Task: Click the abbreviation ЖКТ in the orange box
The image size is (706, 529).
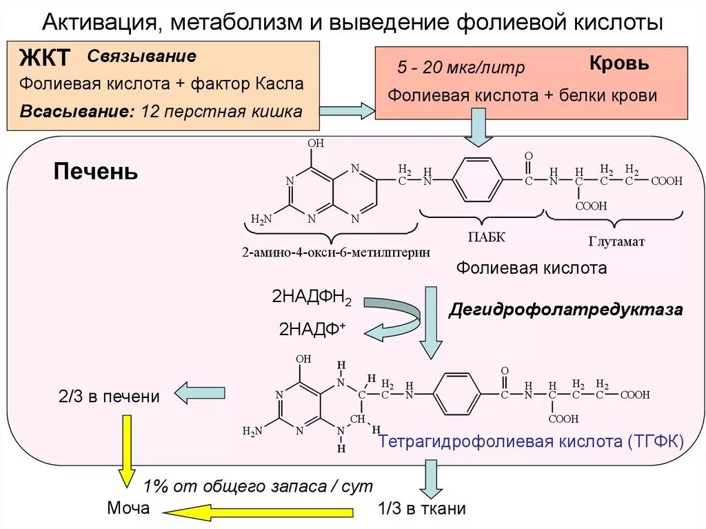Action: (x=45, y=58)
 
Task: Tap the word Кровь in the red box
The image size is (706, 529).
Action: (x=618, y=63)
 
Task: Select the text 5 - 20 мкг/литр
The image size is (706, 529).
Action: (x=461, y=68)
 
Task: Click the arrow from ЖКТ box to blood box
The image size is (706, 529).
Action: (x=347, y=110)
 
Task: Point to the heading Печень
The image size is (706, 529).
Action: (x=96, y=172)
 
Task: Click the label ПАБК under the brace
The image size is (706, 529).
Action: (x=487, y=237)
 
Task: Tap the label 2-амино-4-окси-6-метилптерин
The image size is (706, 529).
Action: (x=336, y=252)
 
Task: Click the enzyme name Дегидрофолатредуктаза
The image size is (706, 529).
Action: (x=566, y=310)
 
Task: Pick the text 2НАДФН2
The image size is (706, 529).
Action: (x=312, y=299)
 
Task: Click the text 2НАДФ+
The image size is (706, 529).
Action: (x=312, y=329)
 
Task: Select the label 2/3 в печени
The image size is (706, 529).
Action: (x=108, y=397)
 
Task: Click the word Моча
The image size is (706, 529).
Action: (x=128, y=509)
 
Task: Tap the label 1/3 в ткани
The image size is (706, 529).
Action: (x=422, y=509)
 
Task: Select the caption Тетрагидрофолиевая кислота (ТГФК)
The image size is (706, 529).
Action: (x=530, y=441)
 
